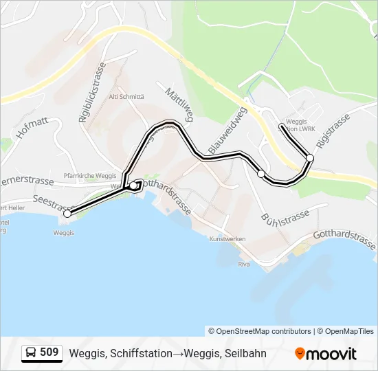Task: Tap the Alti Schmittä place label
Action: click(126, 97)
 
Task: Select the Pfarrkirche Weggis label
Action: click(89, 176)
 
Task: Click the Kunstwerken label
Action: click(227, 239)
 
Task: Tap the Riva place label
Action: click(243, 264)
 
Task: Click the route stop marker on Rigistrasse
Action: click(310, 158)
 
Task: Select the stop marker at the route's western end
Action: click(67, 214)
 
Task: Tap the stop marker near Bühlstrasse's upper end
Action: click(261, 174)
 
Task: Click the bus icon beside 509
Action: click(31, 352)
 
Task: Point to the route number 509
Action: click(49, 352)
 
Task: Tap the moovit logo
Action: click(326, 354)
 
